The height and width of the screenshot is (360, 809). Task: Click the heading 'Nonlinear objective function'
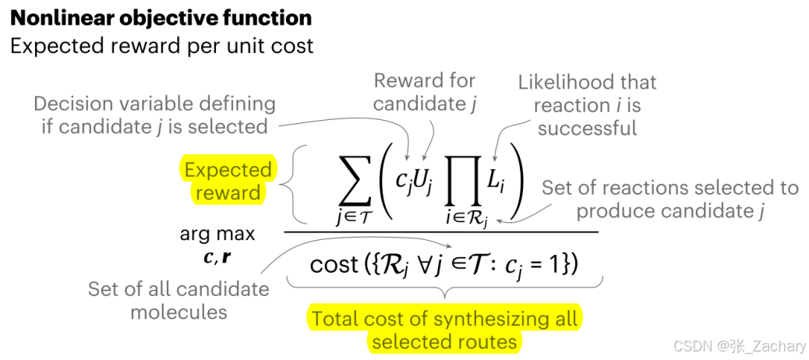tap(161, 18)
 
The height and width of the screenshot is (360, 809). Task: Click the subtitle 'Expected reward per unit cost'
tap(161, 45)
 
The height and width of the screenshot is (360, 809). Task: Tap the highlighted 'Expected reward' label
tap(228, 181)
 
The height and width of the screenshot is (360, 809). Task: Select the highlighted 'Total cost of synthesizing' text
tap(444, 319)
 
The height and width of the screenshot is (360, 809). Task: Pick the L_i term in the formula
tap(498, 181)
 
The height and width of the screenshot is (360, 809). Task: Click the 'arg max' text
tap(217, 234)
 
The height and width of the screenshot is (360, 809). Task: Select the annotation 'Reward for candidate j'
tap(424, 91)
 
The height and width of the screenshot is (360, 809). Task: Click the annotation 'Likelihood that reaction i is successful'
tap(587, 104)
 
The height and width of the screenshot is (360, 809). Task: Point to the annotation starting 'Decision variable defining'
tap(154, 115)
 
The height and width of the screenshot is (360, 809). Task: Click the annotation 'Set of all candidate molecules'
tap(178, 300)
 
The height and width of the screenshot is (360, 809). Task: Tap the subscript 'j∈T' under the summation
tap(354, 217)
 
